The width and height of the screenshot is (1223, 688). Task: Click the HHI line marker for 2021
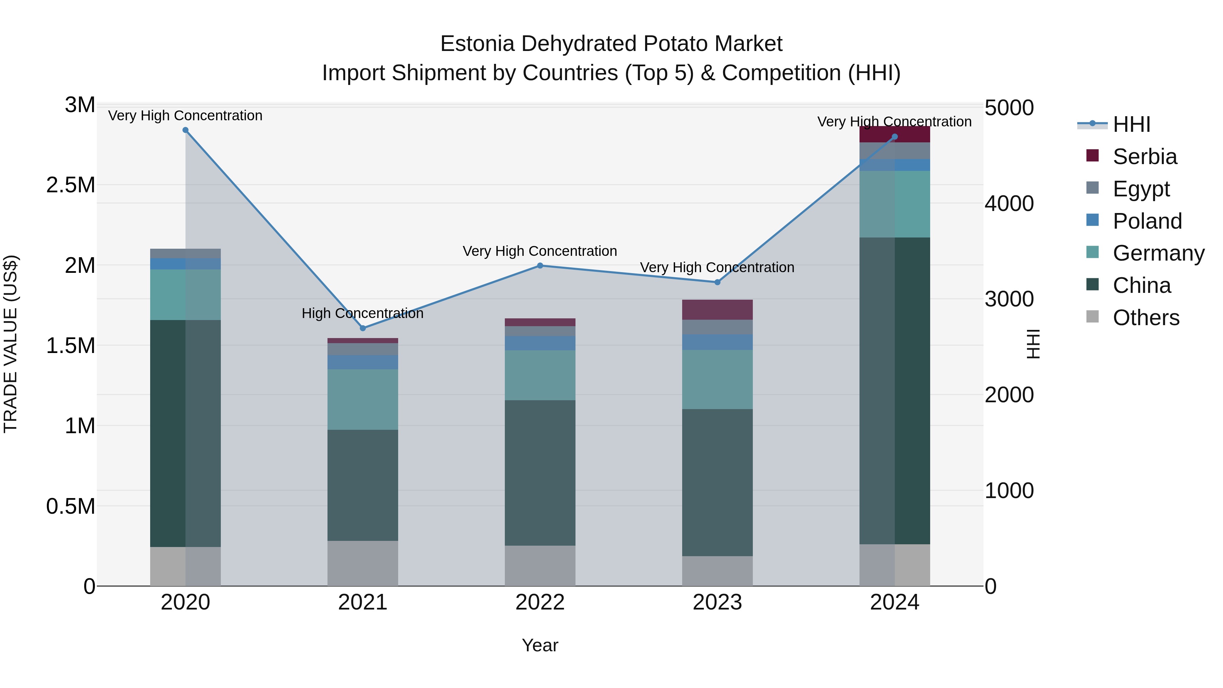363,328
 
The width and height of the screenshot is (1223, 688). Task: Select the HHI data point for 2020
185,130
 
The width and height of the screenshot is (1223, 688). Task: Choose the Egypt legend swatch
1093,188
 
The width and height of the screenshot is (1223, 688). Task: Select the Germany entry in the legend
1158,253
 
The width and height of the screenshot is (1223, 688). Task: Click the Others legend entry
1146,318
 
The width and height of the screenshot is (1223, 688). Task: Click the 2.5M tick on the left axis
71,185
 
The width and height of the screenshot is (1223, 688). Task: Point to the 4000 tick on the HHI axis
1009,204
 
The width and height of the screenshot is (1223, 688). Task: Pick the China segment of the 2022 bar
540,473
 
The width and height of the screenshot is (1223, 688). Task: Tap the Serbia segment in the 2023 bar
717,310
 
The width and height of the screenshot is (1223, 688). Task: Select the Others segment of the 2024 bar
894,565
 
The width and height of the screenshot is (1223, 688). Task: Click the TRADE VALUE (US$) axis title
11,344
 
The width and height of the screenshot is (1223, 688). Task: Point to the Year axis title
540,645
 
